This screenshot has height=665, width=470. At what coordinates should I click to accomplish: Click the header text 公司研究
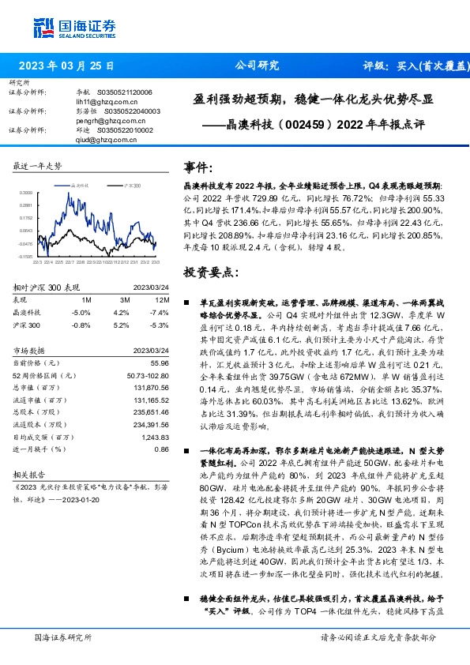click(258, 66)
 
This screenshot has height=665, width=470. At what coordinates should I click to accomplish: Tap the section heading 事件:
click(199, 168)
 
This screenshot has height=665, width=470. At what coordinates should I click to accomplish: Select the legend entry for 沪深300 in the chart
click(131, 184)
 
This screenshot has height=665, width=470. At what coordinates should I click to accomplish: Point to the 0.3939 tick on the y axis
click(26, 193)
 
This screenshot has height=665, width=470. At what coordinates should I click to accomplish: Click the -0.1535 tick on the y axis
click(26, 257)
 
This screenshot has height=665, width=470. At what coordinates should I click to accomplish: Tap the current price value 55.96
click(159, 362)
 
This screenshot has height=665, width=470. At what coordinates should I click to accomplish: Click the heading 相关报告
click(31, 476)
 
